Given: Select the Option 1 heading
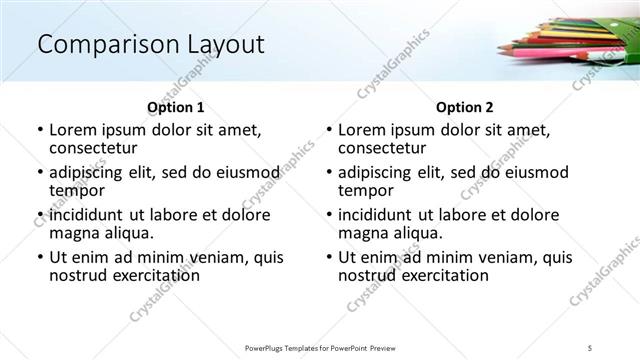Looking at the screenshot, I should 176,107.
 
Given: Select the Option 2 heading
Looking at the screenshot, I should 465,107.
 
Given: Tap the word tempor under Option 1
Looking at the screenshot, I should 76,190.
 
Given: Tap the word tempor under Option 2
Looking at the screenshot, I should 365,190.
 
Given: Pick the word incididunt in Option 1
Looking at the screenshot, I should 89,215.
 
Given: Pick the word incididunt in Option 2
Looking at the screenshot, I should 378,215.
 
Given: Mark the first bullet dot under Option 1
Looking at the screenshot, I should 39,130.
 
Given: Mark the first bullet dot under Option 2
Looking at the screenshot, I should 328,130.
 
